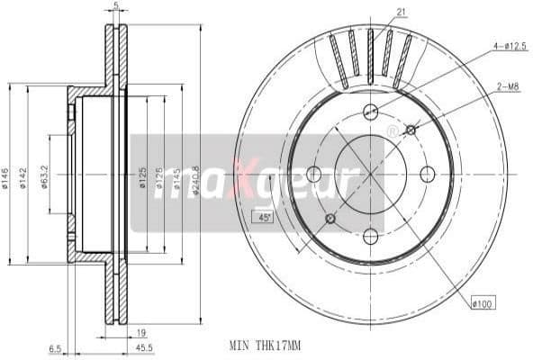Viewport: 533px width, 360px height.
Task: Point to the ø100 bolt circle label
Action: (x=483, y=305)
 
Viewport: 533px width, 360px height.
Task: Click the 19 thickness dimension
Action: (x=143, y=332)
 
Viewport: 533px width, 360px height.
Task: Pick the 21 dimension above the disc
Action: (x=400, y=11)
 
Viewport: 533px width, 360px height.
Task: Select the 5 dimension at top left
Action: (x=116, y=5)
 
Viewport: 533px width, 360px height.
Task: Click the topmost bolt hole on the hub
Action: (x=370, y=112)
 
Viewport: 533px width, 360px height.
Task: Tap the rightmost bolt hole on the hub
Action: (x=428, y=174)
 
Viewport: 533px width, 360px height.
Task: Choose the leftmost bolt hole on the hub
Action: (x=313, y=174)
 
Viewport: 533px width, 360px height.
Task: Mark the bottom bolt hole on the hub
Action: (x=370, y=236)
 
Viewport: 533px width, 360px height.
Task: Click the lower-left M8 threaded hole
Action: (x=330, y=219)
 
